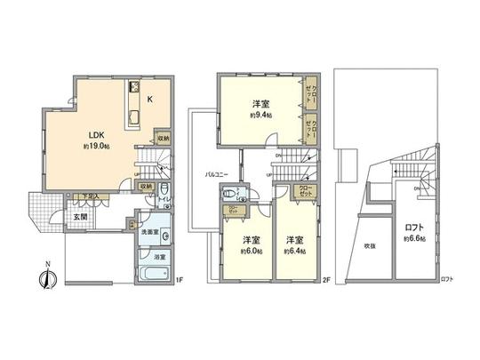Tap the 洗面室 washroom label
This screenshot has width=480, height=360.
[x=148, y=232]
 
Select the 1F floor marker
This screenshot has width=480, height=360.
[x=180, y=281]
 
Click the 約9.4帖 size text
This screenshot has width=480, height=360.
[x=260, y=116]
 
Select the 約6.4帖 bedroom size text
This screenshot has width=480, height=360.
[x=296, y=252]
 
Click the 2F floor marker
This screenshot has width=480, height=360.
[x=326, y=281]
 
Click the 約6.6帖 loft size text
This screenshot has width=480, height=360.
[x=414, y=238]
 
